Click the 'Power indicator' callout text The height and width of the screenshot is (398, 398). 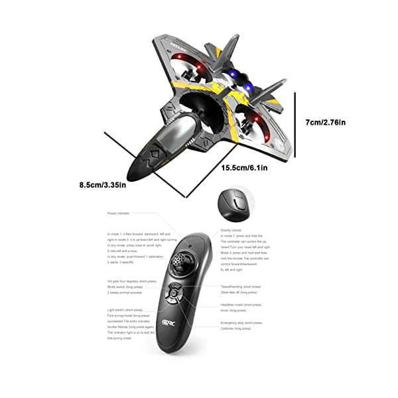coord(119,214)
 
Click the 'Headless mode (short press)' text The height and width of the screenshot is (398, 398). coord(241,304)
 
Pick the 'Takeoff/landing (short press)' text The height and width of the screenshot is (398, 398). coord(244,287)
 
